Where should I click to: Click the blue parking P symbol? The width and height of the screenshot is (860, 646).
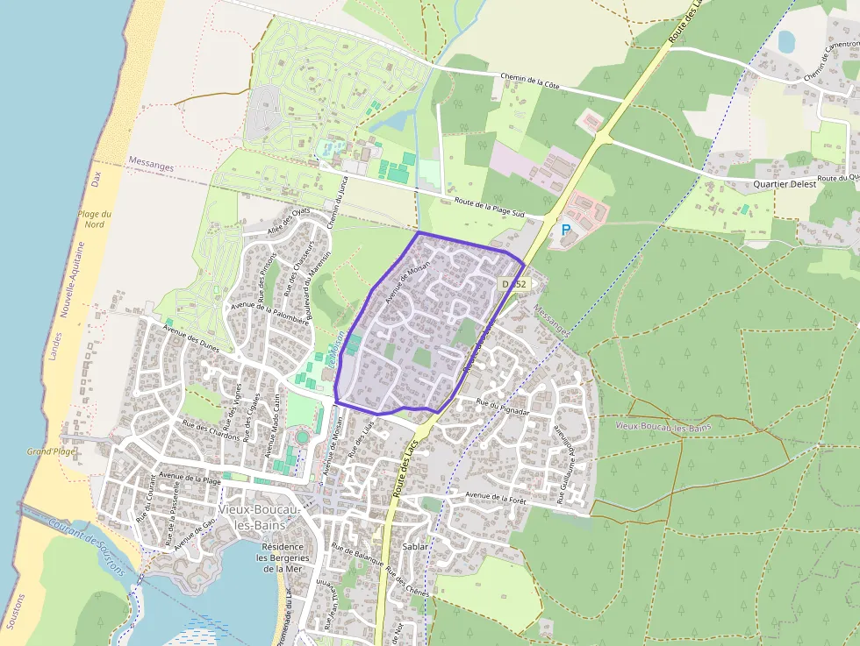566,230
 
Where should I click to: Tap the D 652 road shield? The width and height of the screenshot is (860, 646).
513,284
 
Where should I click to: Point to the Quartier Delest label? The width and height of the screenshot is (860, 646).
785,184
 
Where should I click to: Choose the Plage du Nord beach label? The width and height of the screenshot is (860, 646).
94,220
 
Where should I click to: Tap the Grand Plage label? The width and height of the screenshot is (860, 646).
51,451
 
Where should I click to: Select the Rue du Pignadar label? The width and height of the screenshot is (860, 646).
503,406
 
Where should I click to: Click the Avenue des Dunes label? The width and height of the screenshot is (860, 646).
191,334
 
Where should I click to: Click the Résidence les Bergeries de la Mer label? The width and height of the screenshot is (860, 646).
283,557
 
